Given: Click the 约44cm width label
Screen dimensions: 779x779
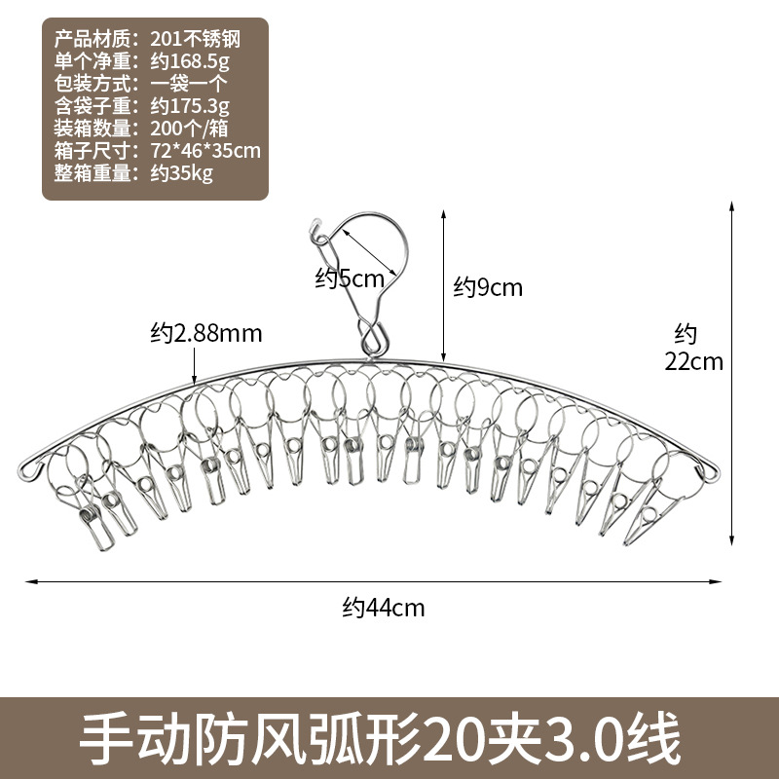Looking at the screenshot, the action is [384, 609].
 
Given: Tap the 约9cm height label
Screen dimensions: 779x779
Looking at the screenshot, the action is [489, 287].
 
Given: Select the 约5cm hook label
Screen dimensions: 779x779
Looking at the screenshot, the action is [350, 278].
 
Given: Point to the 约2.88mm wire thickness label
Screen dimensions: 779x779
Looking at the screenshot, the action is [206, 333].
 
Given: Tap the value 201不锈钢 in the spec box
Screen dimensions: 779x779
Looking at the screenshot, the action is [196, 40].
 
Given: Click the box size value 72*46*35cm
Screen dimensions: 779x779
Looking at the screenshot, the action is [206, 151].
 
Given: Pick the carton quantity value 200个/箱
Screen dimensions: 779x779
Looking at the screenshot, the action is [193, 129].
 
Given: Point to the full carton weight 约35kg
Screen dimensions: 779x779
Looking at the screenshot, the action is [182, 173].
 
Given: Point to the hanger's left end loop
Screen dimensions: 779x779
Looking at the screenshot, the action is [28, 470].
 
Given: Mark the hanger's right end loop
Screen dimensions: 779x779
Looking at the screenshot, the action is [711, 470].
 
